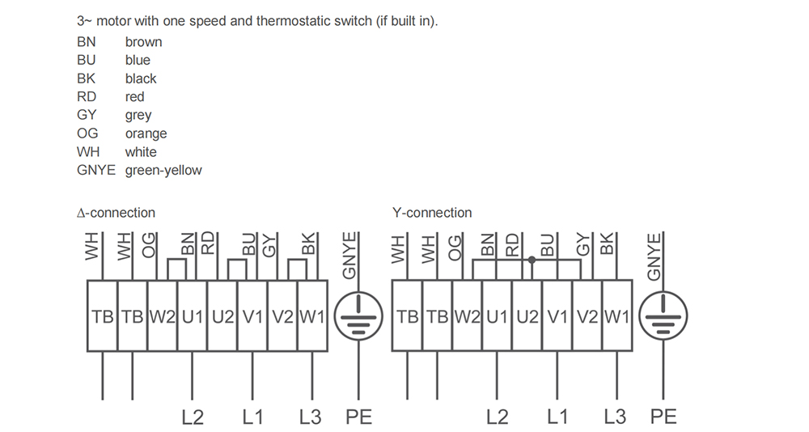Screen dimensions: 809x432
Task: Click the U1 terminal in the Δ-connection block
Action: click(x=193, y=316)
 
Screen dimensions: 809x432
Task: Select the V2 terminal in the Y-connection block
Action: click(x=587, y=316)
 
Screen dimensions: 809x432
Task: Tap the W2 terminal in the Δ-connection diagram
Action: click(x=163, y=316)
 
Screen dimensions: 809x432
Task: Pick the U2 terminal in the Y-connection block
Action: click(x=527, y=316)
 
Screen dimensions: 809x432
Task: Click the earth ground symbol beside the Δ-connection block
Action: click(x=358, y=316)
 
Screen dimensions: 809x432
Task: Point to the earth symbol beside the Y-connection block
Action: click(x=663, y=316)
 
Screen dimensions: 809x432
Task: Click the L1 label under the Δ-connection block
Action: click(x=252, y=417)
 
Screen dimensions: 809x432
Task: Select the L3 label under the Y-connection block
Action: click(x=615, y=417)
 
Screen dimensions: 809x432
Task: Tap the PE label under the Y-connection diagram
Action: click(x=663, y=417)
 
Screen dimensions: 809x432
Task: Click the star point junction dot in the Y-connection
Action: click(x=532, y=260)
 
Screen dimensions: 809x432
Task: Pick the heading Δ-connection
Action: click(x=116, y=213)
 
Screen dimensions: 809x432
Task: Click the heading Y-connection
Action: click(x=432, y=213)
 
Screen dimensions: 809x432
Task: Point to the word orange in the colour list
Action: click(x=146, y=133)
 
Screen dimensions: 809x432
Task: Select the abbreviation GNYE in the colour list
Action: click(x=96, y=171)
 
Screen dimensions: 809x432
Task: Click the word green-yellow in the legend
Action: click(x=163, y=171)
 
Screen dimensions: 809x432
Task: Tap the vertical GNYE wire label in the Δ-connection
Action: click(x=349, y=256)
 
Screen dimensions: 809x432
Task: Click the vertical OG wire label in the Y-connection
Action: click(x=454, y=248)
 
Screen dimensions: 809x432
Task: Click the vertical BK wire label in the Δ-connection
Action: click(x=307, y=244)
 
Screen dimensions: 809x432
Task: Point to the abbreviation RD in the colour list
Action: click(x=87, y=97)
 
